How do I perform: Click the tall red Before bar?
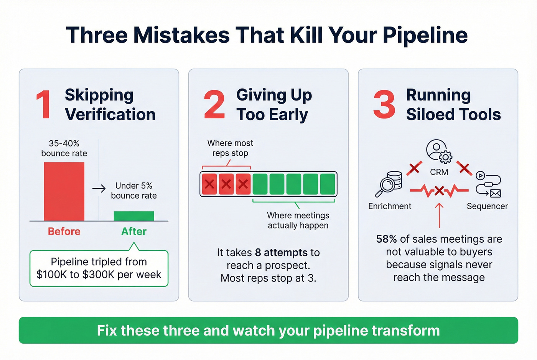[64, 191]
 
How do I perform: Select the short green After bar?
[134, 216]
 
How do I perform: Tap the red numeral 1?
[44, 105]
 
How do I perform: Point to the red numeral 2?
[214, 104]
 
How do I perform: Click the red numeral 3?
[384, 104]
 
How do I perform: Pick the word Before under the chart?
[64, 232]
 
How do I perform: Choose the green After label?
[134, 232]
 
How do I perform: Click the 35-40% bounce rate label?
[64, 148]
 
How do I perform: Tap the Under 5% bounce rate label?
[134, 191]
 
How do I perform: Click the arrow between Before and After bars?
[99, 188]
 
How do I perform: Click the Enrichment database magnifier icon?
[389, 184]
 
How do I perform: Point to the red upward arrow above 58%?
[439, 215]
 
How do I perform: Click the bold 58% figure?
[386, 239]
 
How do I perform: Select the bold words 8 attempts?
[281, 253]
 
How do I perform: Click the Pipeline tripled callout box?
[99, 268]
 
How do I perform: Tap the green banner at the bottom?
[268, 330]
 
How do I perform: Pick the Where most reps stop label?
[230, 148]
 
